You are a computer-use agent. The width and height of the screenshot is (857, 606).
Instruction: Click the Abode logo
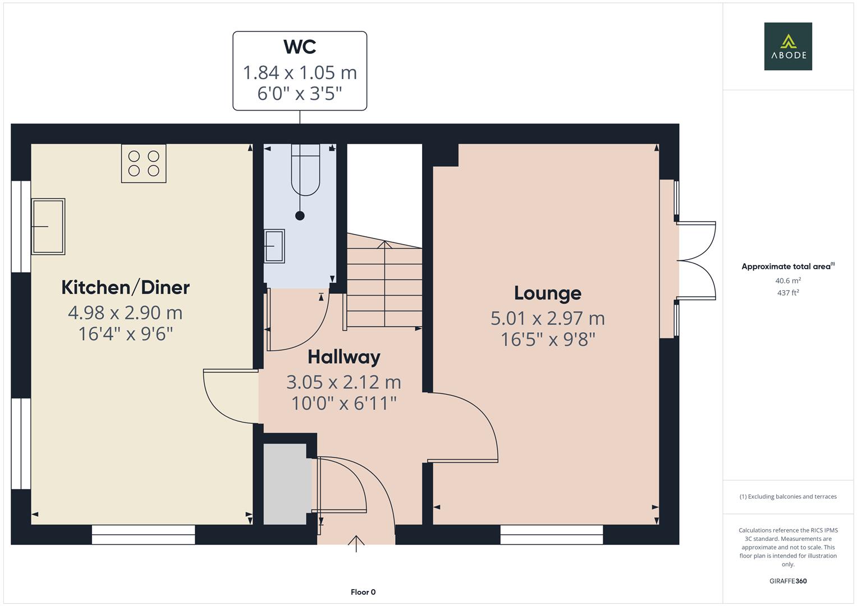pyautogui.click(x=787, y=47)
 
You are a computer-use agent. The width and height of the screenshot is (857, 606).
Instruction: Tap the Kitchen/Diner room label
pyautogui.click(x=125, y=287)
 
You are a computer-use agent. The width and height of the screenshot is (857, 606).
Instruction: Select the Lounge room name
pyautogui.click(x=547, y=293)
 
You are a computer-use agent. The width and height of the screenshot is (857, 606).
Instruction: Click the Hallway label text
pyautogui.click(x=343, y=357)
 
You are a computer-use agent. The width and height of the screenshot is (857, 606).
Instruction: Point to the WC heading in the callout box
pyautogui.click(x=300, y=47)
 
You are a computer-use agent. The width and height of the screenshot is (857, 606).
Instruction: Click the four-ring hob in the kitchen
pyautogui.click(x=144, y=163)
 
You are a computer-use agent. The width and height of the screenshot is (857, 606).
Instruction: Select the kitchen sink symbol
pyautogui.click(x=48, y=226)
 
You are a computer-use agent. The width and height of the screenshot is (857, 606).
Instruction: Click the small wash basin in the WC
pyautogui.click(x=274, y=246)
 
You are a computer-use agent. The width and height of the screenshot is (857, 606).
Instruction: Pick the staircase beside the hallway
pyautogui.click(x=384, y=283)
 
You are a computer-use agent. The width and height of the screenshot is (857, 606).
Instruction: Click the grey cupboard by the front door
pyautogui.click(x=286, y=484)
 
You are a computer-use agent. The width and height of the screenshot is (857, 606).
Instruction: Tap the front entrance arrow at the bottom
pyautogui.click(x=356, y=543)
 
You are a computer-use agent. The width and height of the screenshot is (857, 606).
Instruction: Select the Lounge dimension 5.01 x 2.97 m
pyautogui.click(x=547, y=318)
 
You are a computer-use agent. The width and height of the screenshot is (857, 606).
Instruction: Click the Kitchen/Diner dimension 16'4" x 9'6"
pyautogui.click(x=125, y=334)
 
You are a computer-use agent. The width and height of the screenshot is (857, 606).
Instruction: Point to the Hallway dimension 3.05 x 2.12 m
pyautogui.click(x=343, y=382)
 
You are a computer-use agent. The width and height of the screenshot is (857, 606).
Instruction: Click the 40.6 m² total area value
pyautogui.click(x=787, y=281)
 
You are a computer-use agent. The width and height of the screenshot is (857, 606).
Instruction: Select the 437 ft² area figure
pyautogui.click(x=787, y=293)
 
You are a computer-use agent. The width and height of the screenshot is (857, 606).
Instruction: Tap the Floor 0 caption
pyautogui.click(x=363, y=592)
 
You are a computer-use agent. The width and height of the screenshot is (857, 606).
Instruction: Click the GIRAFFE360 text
pyautogui.click(x=787, y=581)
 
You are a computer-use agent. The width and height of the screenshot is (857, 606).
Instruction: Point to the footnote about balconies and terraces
pyautogui.click(x=787, y=497)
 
